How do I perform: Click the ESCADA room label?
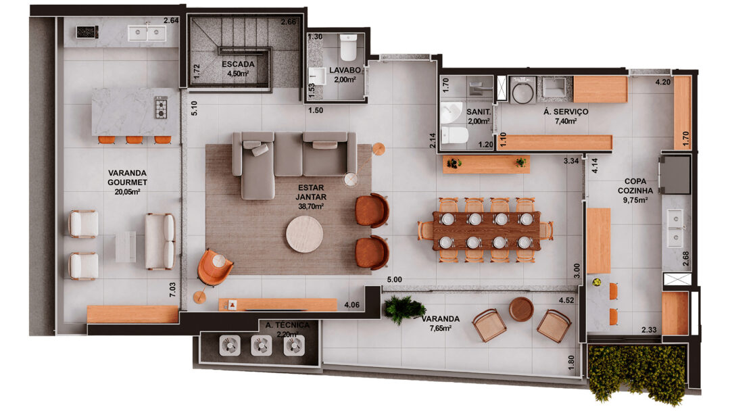tap(238, 64)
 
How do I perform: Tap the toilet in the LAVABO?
tap(348, 47)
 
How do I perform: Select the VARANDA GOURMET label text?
tap(127, 177)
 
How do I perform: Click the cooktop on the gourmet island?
tap(161, 108)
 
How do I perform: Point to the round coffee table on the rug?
tap(304, 234)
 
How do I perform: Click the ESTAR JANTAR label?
tap(310, 192)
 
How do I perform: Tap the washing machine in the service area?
tap(523, 90)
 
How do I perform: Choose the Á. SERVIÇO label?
tap(566, 112)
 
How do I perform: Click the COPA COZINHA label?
tap(635, 186)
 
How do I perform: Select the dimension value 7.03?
tap(173, 289)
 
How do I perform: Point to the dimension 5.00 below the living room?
tap(394, 280)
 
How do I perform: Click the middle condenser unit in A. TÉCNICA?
tap(261, 345)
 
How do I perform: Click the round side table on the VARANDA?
tap(521, 310)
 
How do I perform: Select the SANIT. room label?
tap(479, 112)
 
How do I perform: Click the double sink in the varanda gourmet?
tap(147, 32)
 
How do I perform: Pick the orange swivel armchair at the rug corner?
tap(214, 267)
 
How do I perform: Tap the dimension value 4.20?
tap(663, 82)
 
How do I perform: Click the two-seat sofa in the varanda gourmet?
tap(160, 241)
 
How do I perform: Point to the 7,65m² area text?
tap(441, 328)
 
